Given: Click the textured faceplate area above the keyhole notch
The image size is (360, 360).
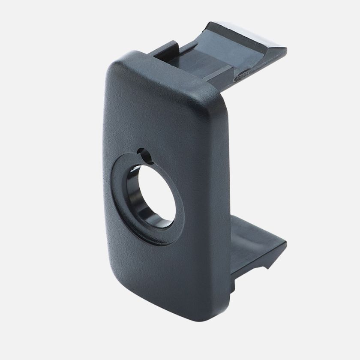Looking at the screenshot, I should pyautogui.click(x=154, y=111).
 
